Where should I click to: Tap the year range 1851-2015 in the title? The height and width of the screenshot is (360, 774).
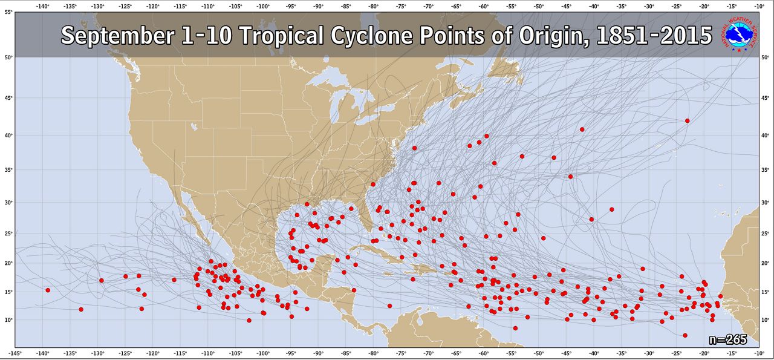tap(654, 36)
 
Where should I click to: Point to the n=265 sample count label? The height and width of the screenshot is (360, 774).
tap(728, 339)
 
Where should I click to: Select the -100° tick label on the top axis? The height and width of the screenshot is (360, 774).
tap(263, 6)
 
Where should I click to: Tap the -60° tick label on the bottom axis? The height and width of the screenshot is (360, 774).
tap(484, 353)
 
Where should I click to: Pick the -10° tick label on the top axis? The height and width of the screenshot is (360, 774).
tap(759, 6)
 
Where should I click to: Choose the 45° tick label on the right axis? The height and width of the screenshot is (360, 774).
tap(766, 97)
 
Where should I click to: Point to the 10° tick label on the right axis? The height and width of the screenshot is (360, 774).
tap(766, 319)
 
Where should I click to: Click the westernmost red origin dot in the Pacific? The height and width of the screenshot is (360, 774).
tap(48, 290)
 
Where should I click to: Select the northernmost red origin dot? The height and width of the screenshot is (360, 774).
tap(688, 120)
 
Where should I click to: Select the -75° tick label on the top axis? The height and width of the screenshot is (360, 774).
tap(401, 6)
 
